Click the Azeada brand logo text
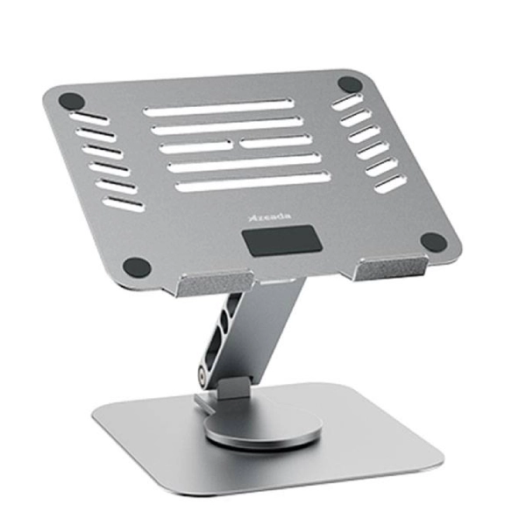[270, 217]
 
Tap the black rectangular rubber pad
[282, 241]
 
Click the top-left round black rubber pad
[72, 101]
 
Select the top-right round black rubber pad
[350, 84]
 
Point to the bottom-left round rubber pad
[137, 267]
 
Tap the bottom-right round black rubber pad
[434, 242]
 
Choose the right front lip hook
[389, 267]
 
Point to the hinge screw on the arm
[203, 376]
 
